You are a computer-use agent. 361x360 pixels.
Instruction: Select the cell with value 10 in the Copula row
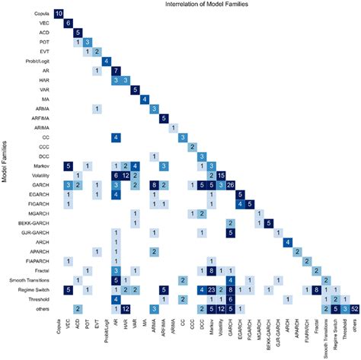coord(59,14)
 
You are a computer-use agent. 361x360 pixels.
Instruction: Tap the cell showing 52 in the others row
coord(355,307)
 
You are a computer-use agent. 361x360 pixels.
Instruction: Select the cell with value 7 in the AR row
coord(117,71)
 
